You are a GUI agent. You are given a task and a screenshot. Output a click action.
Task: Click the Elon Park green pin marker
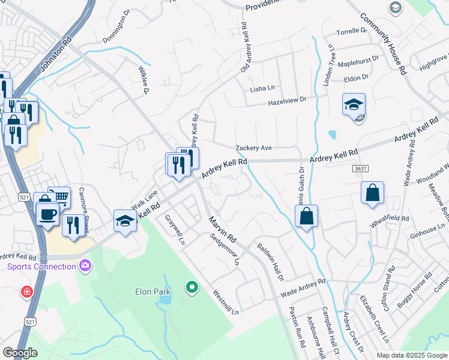coord(192,288)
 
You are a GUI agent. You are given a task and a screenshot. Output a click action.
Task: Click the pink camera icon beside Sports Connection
coord(86,265)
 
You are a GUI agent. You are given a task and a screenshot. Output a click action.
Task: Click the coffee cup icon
coord(47,213)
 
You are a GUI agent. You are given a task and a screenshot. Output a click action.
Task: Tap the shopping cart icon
coord(59,196)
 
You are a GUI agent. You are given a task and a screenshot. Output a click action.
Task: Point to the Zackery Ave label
coord(254,148)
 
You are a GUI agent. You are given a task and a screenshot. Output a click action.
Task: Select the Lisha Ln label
coord(262,89)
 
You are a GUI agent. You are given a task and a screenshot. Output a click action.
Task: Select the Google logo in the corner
coord(20,353)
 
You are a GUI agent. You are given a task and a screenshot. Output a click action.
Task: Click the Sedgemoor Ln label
coord(226,250)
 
